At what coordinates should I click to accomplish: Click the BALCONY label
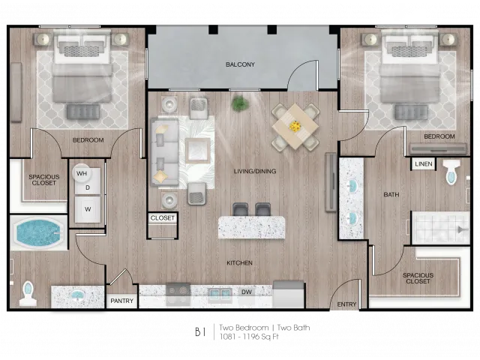click(x=240, y=64)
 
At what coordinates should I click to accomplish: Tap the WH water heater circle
click(x=82, y=173)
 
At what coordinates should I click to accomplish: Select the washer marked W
click(x=88, y=210)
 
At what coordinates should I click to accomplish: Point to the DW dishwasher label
click(x=247, y=292)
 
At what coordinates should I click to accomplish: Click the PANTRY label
click(x=121, y=301)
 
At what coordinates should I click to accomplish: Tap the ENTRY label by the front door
click(x=346, y=304)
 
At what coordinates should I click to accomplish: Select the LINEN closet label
click(x=424, y=164)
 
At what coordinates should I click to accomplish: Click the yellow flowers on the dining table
click(x=295, y=126)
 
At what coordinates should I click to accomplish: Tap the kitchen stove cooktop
click(x=178, y=293)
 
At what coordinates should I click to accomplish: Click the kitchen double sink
click(x=219, y=294)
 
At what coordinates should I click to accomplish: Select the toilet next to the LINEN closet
click(x=451, y=172)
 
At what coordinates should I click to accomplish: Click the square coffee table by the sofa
click(x=198, y=150)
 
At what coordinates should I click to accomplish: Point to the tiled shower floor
click(x=440, y=228)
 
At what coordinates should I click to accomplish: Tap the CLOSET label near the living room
click(x=162, y=218)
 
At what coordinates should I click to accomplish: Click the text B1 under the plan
click(x=200, y=331)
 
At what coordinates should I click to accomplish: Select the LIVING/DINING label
click(x=255, y=172)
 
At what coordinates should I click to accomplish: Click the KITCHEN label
click(x=239, y=263)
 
